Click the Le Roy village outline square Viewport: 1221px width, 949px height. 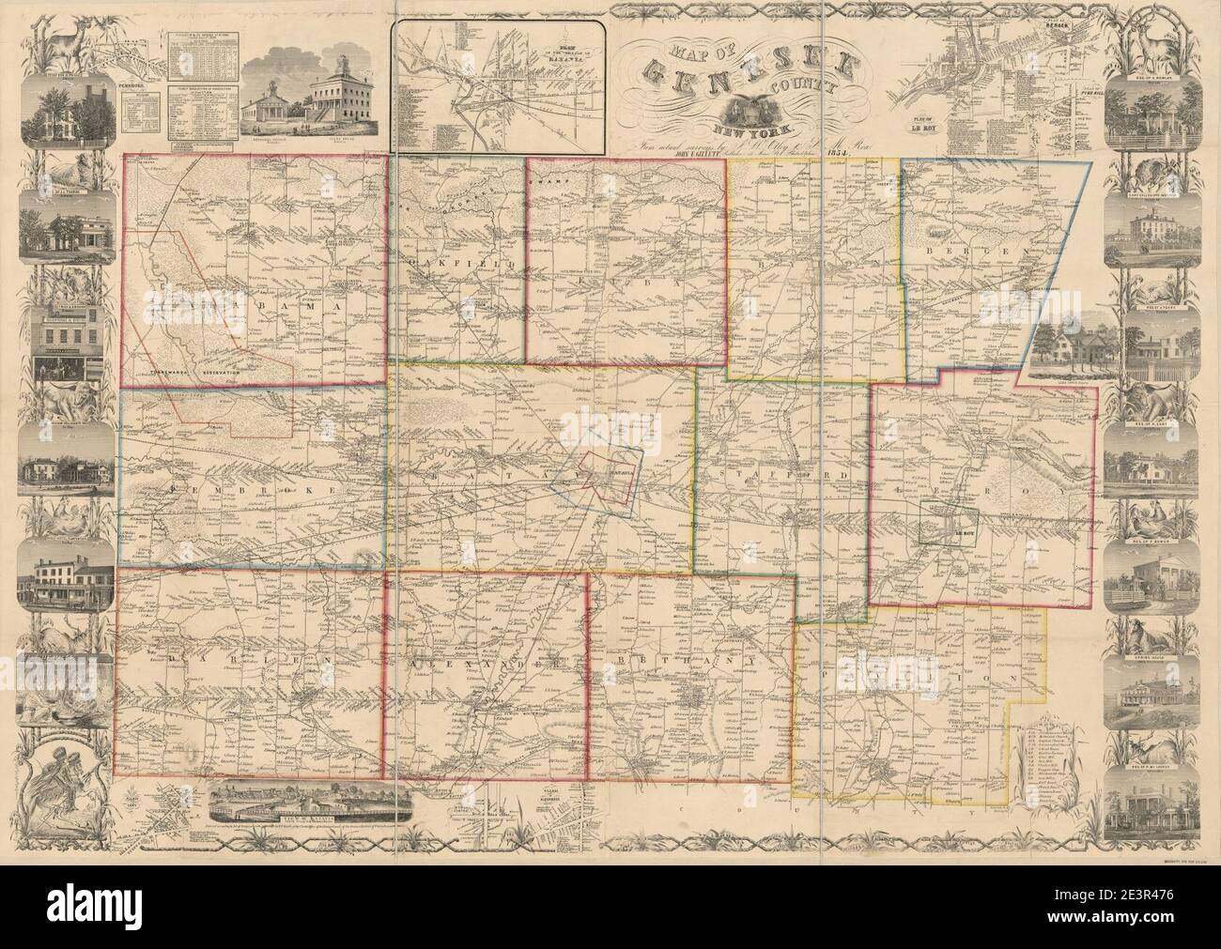(x=949, y=522)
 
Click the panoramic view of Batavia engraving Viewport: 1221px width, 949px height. (x=310, y=802)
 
